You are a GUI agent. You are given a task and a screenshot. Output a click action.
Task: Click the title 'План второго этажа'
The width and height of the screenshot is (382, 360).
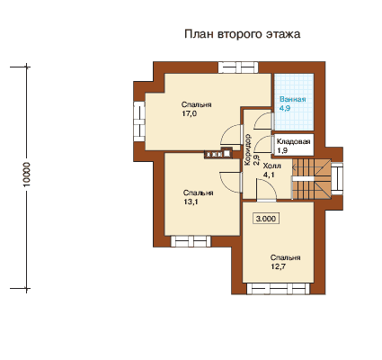[242, 34]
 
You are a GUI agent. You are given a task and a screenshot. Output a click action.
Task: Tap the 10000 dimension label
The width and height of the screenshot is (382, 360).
[27, 175]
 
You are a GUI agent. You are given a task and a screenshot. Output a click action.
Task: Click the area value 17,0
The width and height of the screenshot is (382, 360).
[189, 113]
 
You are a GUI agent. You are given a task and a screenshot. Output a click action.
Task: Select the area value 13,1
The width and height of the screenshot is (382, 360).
[191, 202]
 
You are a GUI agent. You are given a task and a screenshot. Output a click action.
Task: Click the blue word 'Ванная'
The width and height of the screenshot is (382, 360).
[293, 99]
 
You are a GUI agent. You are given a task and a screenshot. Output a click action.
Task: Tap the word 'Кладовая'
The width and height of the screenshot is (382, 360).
[293, 141]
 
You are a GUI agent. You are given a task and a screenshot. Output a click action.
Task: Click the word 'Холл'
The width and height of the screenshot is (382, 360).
[271, 166]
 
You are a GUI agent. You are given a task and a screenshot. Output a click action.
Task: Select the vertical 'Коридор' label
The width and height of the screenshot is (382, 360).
[247, 149]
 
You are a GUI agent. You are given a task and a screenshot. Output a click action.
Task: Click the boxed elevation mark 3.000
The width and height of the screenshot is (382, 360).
[266, 219]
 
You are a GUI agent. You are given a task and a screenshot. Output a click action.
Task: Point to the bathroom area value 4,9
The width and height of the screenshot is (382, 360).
[285, 108]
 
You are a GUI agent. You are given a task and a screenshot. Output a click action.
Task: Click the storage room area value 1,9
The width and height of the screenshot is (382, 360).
[282, 150]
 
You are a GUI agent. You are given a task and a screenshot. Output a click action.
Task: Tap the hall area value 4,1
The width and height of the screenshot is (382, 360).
[268, 175]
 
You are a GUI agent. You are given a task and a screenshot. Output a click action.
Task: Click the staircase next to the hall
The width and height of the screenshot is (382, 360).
[312, 179]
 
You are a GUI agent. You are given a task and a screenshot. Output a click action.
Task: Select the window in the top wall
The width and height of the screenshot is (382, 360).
[238, 67]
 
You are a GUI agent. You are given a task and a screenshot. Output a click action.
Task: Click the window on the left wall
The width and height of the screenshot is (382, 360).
[139, 121]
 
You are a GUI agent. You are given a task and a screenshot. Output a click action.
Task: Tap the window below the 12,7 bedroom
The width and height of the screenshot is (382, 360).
[279, 289]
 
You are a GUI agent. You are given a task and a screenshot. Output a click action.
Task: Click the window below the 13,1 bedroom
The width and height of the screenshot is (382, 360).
[191, 241]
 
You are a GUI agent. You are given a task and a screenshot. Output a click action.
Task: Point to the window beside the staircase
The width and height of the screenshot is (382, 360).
[337, 179]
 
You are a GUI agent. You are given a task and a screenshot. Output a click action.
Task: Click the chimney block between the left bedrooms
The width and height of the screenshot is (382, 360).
[218, 153]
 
